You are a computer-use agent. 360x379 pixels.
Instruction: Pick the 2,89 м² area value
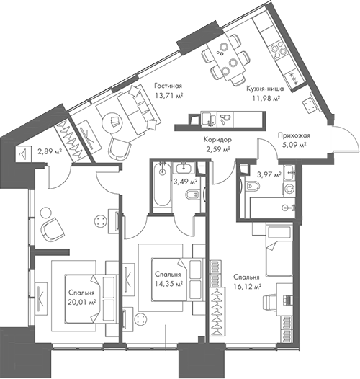49,153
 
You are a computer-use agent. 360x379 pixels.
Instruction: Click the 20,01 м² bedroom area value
83,303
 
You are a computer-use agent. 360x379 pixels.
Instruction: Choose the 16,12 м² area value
247,286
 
